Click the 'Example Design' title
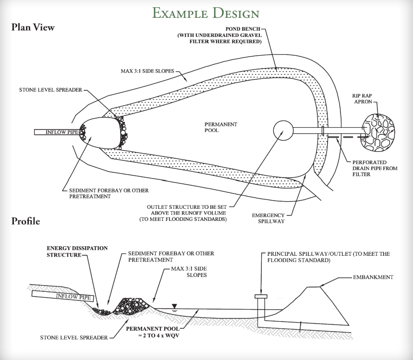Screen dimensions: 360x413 206,12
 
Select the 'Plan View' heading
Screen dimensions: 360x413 33,27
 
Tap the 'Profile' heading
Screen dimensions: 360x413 26,221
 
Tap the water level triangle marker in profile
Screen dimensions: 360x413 174,306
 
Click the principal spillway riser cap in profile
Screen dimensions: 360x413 261,296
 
